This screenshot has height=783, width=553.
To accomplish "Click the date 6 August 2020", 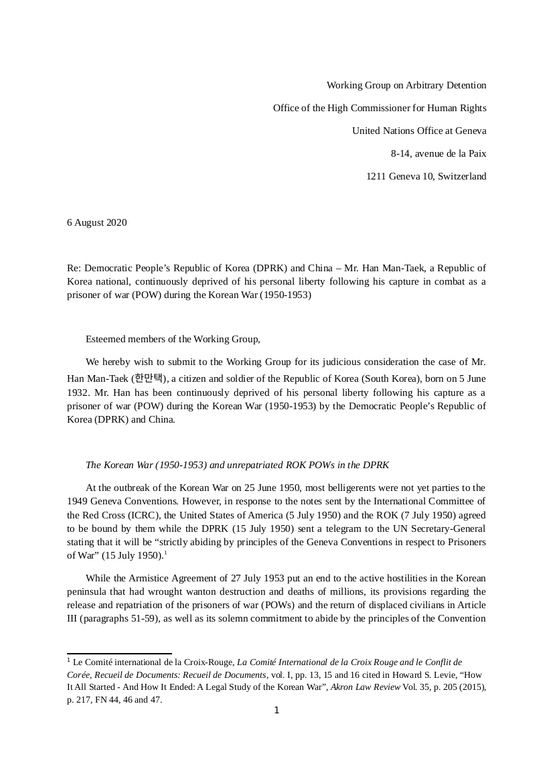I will click(96, 222).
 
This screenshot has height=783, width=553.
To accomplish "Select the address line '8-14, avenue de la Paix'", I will click(439, 153).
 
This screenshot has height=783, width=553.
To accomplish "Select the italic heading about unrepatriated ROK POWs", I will click(237, 464).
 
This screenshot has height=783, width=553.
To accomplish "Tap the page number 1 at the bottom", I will click(276, 711).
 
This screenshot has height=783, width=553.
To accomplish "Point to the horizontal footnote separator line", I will click(119, 653).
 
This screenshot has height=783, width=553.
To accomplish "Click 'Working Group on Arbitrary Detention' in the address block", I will click(406, 85).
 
